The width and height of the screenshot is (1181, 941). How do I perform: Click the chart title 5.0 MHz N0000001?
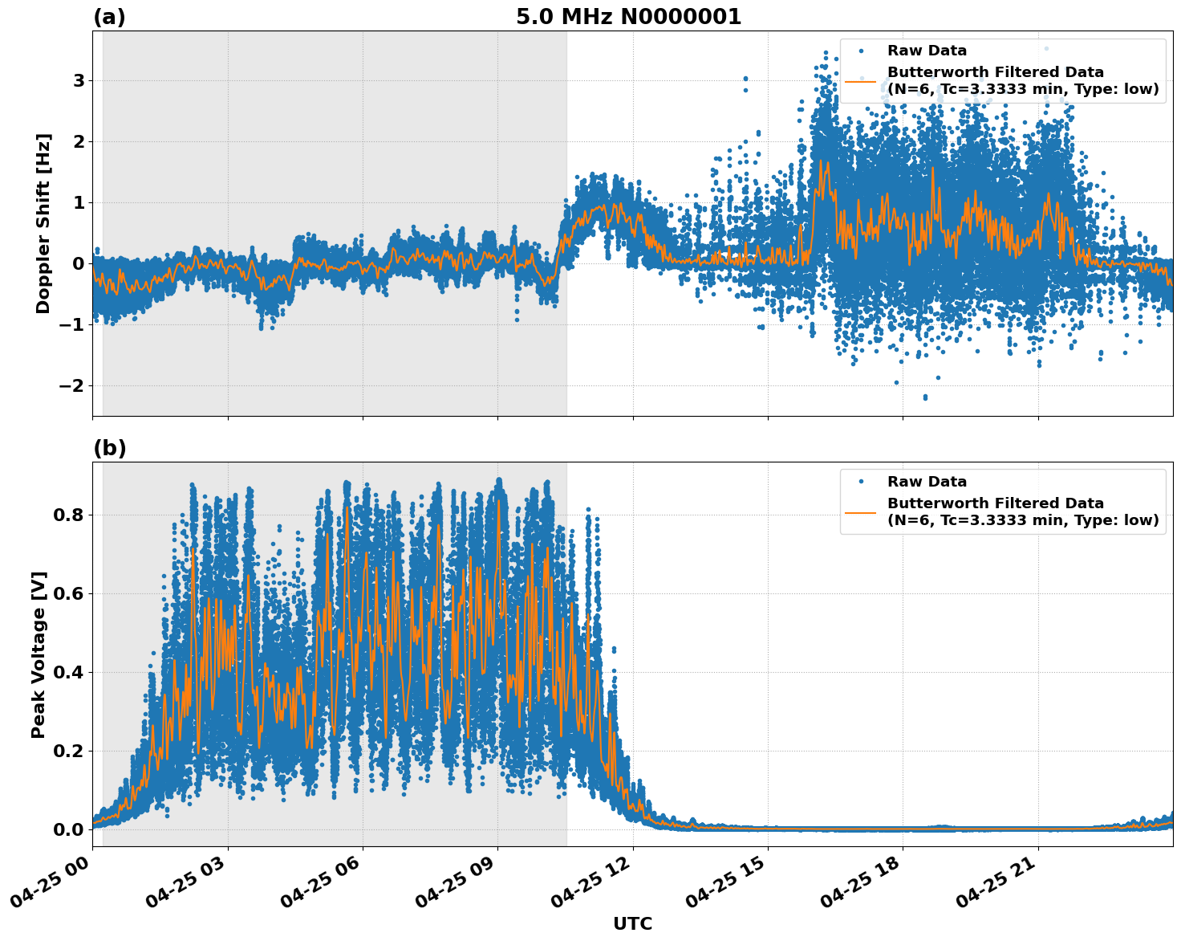tap(628, 17)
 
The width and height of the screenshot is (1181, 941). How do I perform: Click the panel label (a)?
tap(109, 17)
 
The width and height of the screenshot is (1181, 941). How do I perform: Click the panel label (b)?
tap(109, 448)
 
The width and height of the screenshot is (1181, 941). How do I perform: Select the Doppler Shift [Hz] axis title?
tap(43, 223)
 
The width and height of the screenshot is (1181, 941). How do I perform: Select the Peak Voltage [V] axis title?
tap(39, 654)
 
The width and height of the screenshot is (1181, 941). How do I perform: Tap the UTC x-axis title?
tap(632, 923)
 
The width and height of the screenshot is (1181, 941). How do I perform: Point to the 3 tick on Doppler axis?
tap(79, 81)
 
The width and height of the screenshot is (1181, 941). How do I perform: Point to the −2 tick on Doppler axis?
tap(72, 386)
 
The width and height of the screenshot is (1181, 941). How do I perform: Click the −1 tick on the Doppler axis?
tap(72, 325)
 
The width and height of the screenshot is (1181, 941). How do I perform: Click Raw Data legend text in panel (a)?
tap(927, 51)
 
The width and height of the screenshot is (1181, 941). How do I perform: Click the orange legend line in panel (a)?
tap(860, 81)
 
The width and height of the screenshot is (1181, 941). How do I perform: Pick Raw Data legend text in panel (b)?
tap(927, 482)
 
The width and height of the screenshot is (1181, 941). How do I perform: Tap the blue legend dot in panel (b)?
tap(860, 482)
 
